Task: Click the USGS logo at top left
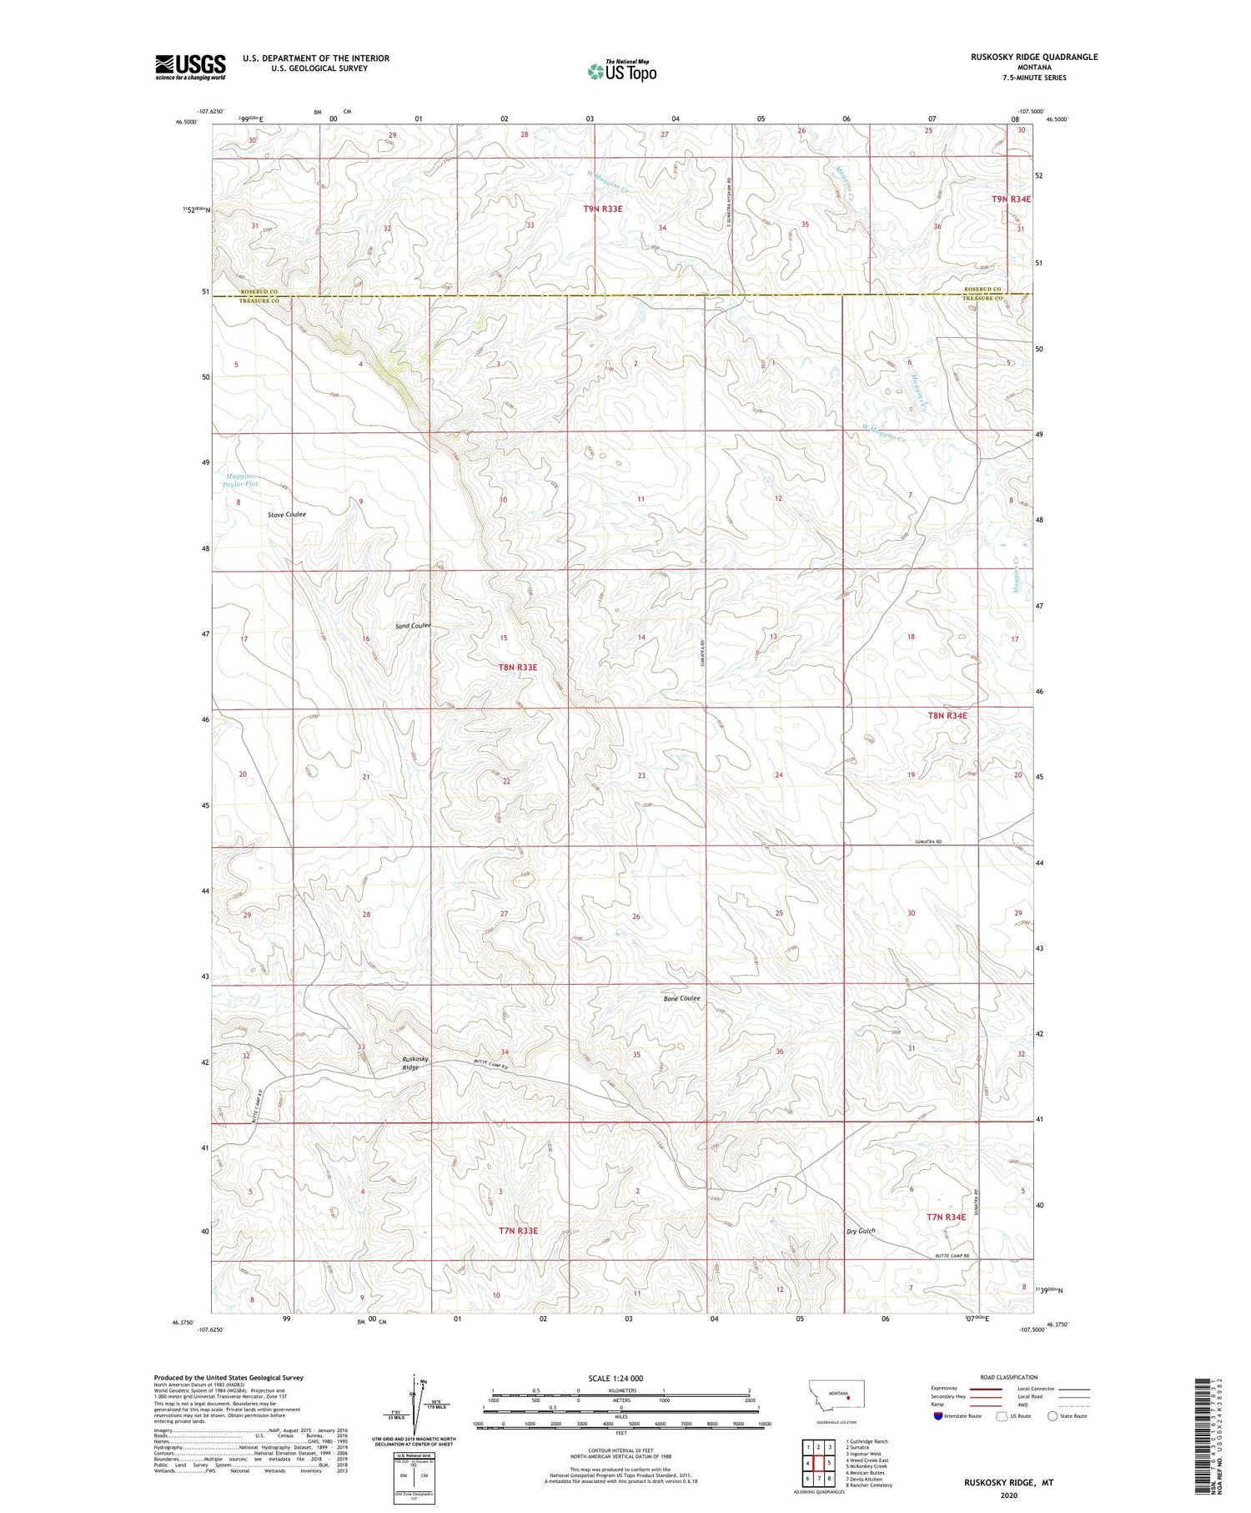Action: (190, 67)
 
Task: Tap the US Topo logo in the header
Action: (621, 72)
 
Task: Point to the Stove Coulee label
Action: (287, 514)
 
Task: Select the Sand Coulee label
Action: (413, 626)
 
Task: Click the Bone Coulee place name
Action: (681, 998)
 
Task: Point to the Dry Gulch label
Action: (861, 1231)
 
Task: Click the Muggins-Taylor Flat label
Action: (241, 480)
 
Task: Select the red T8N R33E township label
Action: (518, 668)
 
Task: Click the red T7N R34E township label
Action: (946, 1217)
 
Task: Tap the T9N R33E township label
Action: (602, 209)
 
